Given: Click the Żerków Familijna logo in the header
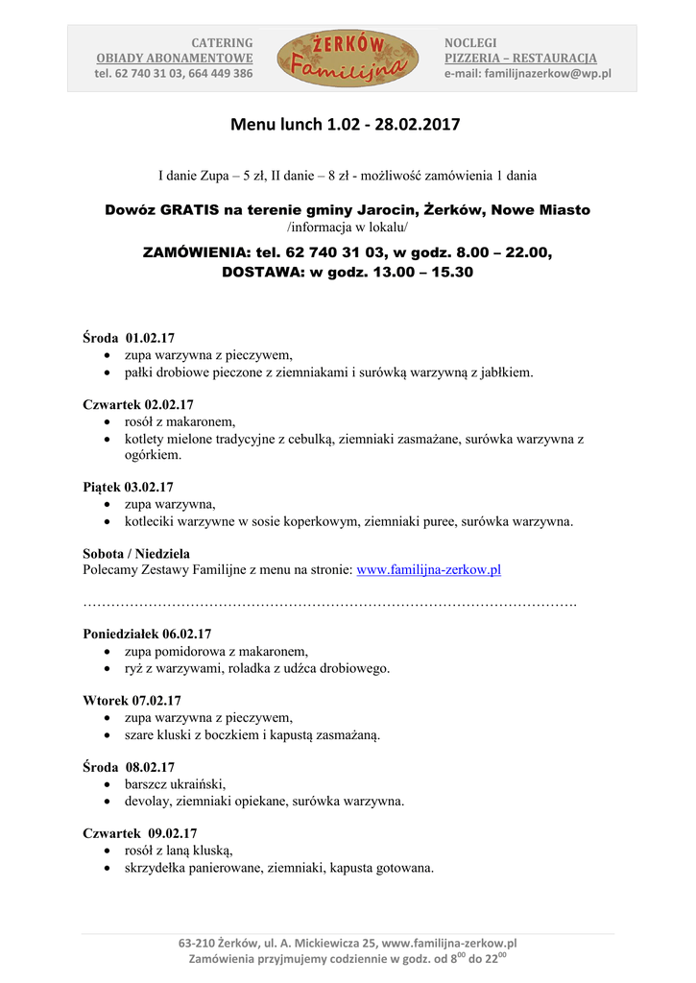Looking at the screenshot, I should point(348,58).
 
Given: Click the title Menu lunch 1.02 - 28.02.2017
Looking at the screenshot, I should point(347,125).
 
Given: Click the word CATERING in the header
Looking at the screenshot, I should point(223,43).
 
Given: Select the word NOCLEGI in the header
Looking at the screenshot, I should point(470,43).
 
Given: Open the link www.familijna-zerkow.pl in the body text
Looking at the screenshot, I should point(428,569).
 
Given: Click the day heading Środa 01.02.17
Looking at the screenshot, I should point(129,338).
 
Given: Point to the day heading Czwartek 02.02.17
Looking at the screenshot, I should point(138,405).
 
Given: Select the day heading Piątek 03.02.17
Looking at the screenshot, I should point(128,487).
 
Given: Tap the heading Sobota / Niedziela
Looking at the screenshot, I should point(136,554).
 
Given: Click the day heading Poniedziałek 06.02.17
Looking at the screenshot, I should point(147,634).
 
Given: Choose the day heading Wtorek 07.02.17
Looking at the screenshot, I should point(132,701).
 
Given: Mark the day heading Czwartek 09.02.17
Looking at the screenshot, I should point(140,833).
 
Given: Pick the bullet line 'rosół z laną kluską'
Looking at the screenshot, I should point(179,851).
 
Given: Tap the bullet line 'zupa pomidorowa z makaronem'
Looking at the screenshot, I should point(216,651).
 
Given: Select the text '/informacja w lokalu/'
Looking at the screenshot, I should point(348,228).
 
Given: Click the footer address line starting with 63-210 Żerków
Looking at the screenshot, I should point(348,944).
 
